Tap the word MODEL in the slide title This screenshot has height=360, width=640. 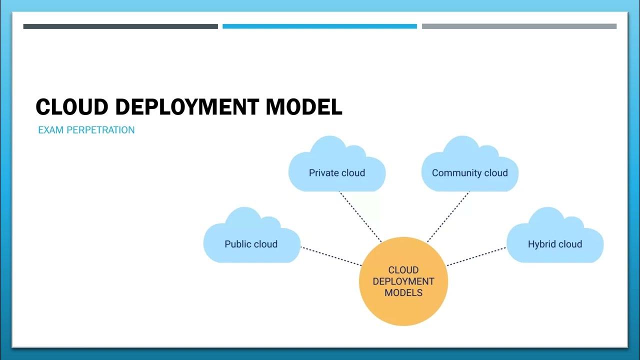coord(304,107)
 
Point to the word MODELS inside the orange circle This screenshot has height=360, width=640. coord(403,293)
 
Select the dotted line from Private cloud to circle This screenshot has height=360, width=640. coord(360,216)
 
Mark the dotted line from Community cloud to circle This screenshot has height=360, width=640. coord(448,216)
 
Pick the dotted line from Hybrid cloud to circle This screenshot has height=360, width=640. coord(476,256)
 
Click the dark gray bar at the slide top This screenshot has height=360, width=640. coord(120,26)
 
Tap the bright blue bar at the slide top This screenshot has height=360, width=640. coord(319,26)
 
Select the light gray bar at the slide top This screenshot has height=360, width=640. coord(519,26)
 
